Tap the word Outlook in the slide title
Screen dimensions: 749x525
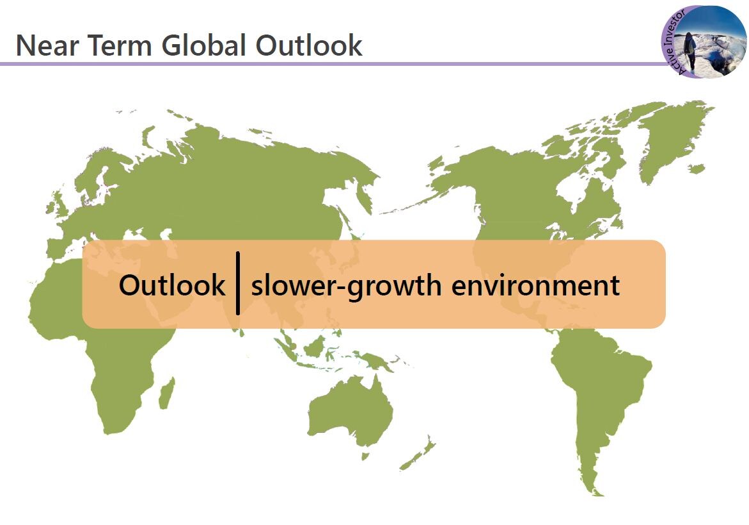(x=308, y=45)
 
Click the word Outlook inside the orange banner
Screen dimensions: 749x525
(x=172, y=285)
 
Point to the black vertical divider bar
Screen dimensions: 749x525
(x=238, y=283)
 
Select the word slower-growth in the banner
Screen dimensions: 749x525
(x=346, y=286)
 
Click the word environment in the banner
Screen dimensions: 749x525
(x=535, y=286)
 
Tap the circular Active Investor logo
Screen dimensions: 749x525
(x=704, y=42)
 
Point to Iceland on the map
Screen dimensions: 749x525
(x=697, y=168)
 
